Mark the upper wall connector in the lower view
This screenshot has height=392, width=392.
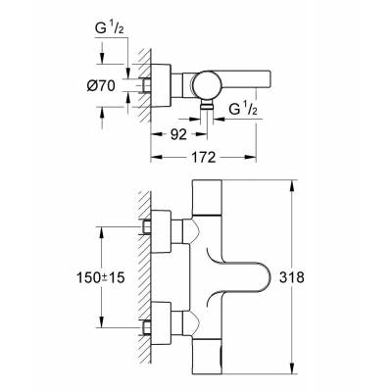[x=157, y=227]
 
